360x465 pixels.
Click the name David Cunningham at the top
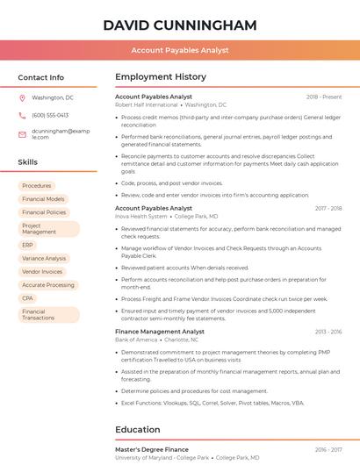(x=179, y=25)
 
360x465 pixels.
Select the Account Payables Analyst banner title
(x=179, y=50)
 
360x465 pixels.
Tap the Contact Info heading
(x=40, y=77)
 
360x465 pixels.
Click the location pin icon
(x=22, y=98)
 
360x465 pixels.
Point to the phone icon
(x=22, y=115)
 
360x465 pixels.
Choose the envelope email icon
(x=22, y=134)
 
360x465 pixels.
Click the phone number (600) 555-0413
(x=50, y=115)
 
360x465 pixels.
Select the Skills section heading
(x=28, y=162)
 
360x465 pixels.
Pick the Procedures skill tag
(x=37, y=186)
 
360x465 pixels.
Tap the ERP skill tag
(x=28, y=246)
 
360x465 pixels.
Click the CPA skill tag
(x=28, y=298)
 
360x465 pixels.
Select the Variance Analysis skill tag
(x=44, y=259)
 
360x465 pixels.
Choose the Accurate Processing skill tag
(x=48, y=285)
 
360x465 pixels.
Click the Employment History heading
(x=160, y=77)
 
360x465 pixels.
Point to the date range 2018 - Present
(x=324, y=97)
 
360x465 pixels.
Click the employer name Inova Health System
(x=140, y=216)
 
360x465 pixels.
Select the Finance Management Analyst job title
(x=160, y=332)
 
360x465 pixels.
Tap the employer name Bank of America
(x=137, y=340)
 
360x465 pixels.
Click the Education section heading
(x=139, y=430)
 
